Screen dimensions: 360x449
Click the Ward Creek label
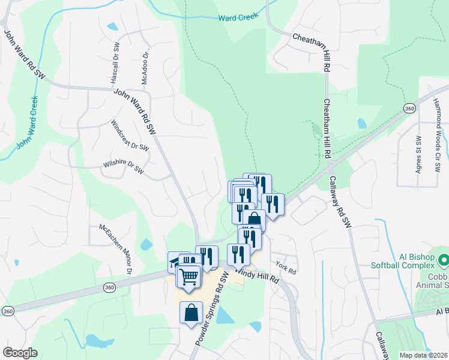point(239,17)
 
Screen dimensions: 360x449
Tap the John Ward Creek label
point(26,122)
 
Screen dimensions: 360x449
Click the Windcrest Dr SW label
point(130,135)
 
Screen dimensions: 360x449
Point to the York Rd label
point(286,268)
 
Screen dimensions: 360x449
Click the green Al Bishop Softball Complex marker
point(444,261)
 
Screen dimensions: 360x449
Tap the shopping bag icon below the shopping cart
point(191,313)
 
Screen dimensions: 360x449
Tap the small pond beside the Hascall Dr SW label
point(112,27)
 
